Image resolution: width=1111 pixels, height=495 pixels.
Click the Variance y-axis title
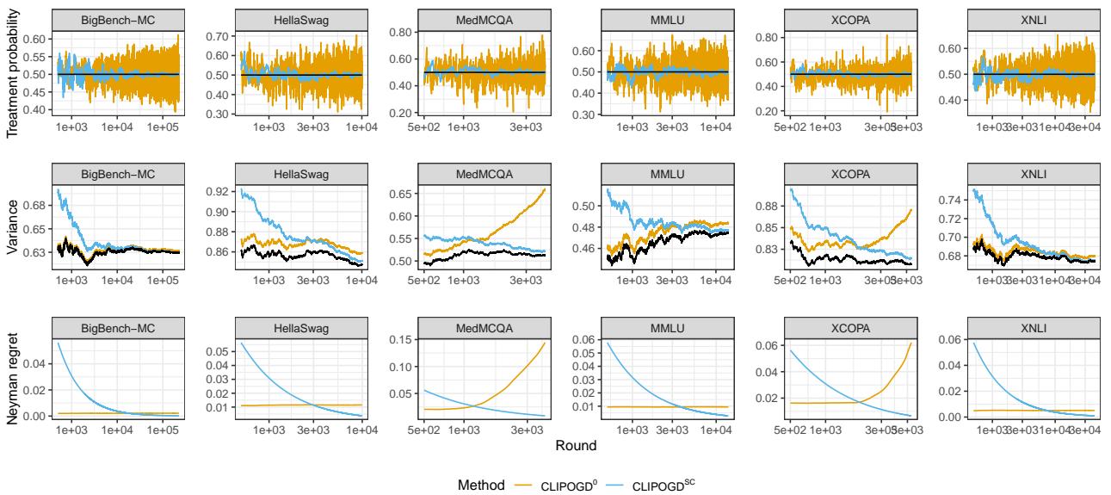pos(12,224)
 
